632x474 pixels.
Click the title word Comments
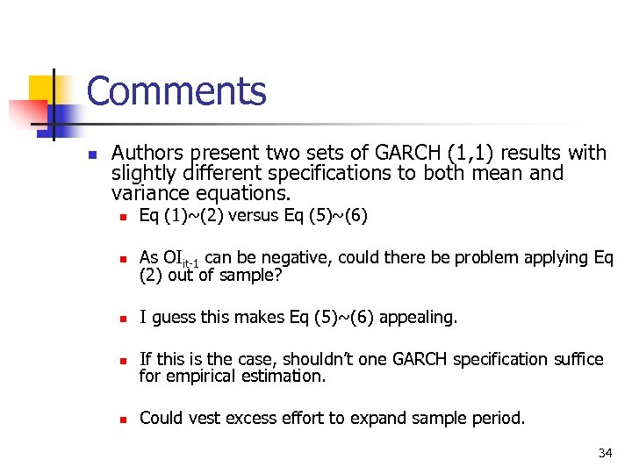(x=176, y=91)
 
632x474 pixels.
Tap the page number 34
(x=605, y=453)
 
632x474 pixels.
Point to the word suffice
(x=577, y=359)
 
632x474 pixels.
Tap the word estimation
(x=285, y=376)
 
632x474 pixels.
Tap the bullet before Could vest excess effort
(x=124, y=420)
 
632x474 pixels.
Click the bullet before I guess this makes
(x=124, y=318)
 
